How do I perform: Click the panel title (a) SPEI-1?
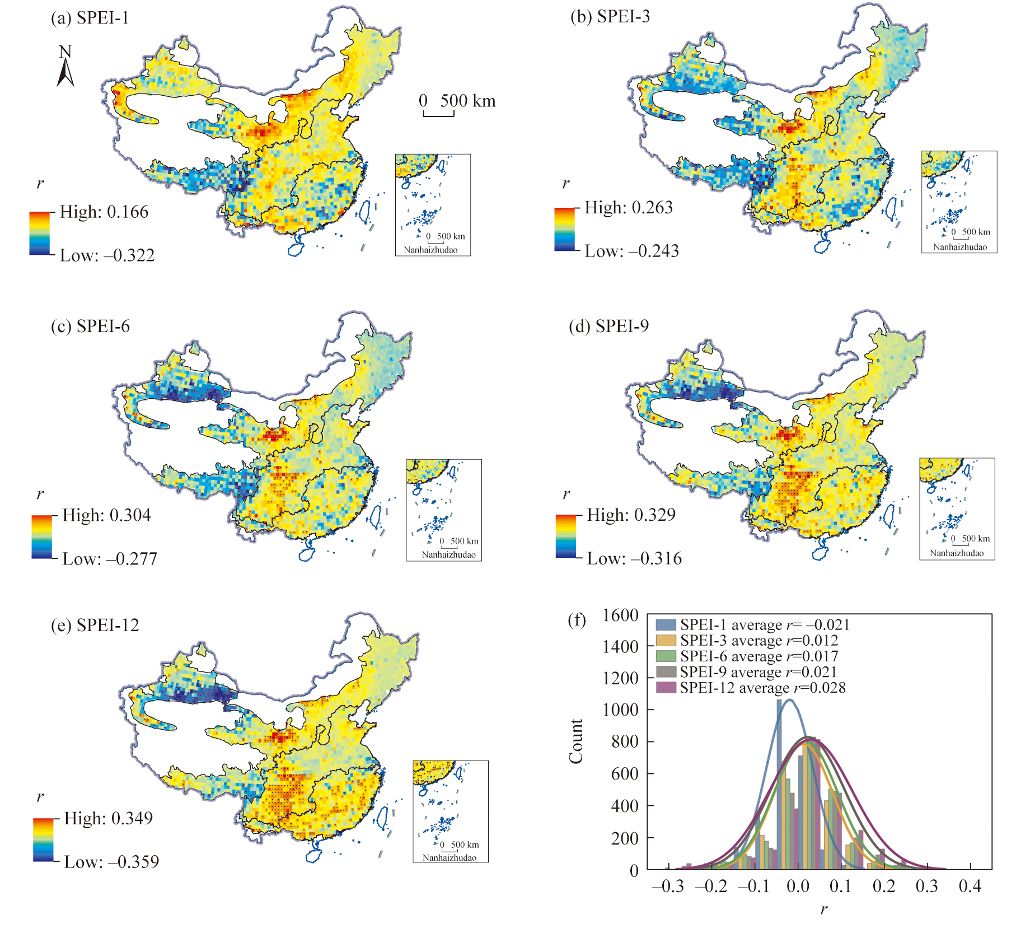(x=90, y=18)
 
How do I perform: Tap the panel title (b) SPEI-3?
(x=610, y=16)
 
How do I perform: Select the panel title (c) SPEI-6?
(x=90, y=326)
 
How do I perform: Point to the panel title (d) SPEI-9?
(x=608, y=326)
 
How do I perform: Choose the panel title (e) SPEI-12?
(x=95, y=625)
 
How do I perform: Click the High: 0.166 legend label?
(x=104, y=212)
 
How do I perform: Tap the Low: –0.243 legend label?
(x=631, y=251)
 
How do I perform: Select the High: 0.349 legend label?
(x=108, y=818)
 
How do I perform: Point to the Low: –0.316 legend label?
(x=634, y=558)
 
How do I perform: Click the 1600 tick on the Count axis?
(x=620, y=615)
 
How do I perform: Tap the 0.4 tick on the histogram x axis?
(x=970, y=886)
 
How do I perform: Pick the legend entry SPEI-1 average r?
(x=752, y=625)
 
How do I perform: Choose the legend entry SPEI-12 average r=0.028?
(x=750, y=688)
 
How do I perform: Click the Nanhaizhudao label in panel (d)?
(x=957, y=553)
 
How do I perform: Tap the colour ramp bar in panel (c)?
(x=41, y=536)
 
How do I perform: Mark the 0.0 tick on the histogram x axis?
(x=798, y=886)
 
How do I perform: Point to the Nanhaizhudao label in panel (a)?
(x=430, y=250)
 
